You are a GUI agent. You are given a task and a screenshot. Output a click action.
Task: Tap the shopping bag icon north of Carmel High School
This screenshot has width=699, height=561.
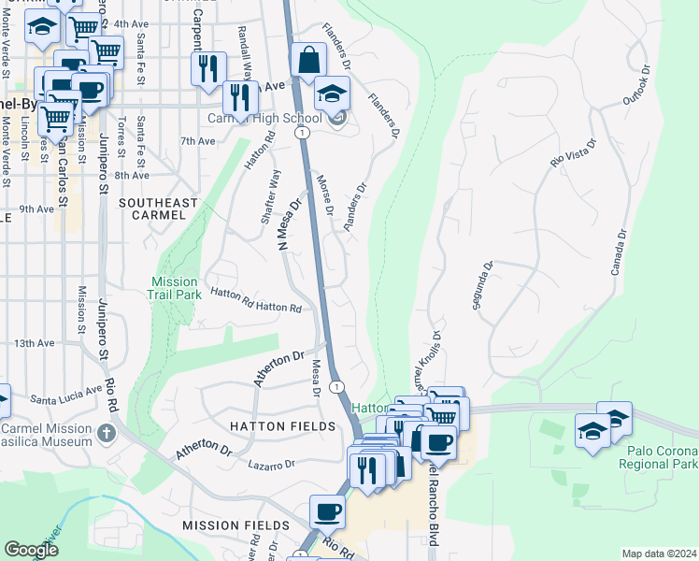coord(307,62)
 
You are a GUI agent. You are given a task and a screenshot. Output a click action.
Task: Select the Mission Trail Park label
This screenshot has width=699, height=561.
coord(175,288)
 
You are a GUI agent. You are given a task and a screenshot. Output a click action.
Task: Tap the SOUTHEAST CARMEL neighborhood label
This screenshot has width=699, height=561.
coord(158,209)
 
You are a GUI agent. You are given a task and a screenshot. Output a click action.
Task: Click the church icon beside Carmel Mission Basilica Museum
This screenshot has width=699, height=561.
coord(107,433)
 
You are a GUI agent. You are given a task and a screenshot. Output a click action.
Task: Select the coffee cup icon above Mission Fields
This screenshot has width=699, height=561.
coord(327,511)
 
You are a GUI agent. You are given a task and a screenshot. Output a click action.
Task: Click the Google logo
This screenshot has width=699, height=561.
coord(31,550)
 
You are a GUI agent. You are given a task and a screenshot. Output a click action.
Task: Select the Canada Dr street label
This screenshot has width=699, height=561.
coord(617,253)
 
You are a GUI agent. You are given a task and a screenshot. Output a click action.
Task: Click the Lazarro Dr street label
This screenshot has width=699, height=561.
coord(271,463)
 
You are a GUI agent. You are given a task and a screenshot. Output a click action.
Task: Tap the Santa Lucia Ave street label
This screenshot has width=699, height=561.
coord(65,394)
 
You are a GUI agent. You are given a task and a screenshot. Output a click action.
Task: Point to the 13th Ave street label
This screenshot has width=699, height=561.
coord(34,343)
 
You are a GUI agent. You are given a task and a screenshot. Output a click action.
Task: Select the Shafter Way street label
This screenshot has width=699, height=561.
coord(270,197)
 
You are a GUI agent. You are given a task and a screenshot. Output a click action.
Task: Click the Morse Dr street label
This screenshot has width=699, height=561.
coord(324,194)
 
